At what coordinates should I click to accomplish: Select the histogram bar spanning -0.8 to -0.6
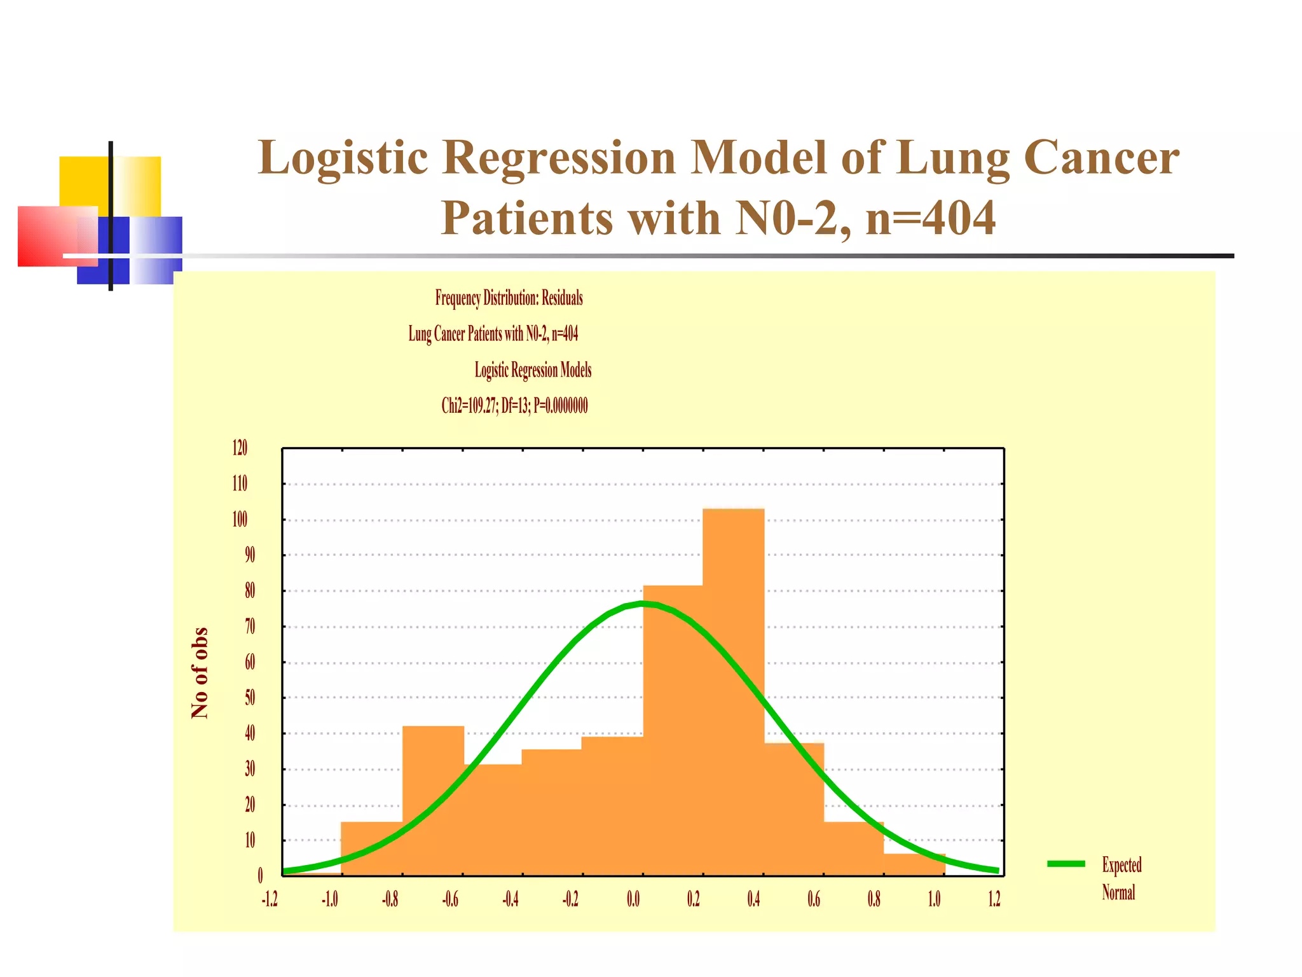433,801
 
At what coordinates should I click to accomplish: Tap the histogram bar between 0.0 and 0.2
673,731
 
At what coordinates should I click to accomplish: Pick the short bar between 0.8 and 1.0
914,865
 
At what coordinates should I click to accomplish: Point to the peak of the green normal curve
643,603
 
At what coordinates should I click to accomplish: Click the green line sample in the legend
1066,863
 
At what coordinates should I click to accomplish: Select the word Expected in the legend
1121,864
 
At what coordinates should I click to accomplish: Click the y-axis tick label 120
240,448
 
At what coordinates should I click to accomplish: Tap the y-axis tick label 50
250,698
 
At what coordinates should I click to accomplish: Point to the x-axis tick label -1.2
270,899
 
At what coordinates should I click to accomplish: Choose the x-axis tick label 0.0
633,899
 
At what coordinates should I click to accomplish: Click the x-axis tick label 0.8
874,899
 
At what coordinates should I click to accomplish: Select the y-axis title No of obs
200,673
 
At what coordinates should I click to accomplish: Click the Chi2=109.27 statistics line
514,405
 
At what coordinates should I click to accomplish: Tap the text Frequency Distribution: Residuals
509,298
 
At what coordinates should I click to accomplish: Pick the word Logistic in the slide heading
343,157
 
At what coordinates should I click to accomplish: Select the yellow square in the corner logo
84,181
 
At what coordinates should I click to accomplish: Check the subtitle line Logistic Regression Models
533,370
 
